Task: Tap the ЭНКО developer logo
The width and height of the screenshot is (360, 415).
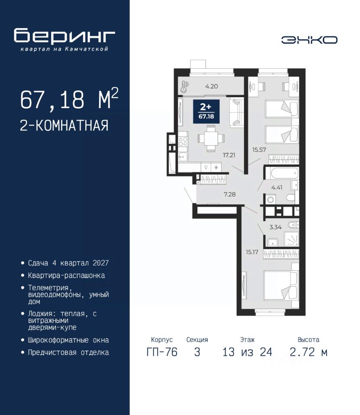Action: [x=309, y=40]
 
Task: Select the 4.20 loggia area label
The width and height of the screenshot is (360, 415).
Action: [x=212, y=86]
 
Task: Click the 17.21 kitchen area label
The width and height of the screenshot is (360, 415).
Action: [x=229, y=155]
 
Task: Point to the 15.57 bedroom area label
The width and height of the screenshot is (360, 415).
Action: [x=259, y=150]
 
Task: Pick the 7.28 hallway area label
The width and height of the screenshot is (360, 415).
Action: [x=229, y=195]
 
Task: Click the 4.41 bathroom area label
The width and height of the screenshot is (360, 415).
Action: [x=276, y=188]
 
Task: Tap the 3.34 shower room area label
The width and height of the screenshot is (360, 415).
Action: [x=275, y=227]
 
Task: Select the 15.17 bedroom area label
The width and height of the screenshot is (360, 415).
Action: [x=252, y=252]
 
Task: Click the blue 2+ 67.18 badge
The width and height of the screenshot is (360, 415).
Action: [x=206, y=112]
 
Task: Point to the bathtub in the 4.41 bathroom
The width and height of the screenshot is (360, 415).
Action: [x=284, y=173]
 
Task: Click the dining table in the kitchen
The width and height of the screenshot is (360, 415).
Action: [x=211, y=138]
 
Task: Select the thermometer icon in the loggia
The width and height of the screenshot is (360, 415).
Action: [x=184, y=86]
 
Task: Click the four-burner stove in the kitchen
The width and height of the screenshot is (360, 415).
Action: [x=183, y=142]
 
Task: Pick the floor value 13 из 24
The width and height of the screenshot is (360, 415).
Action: [x=247, y=352]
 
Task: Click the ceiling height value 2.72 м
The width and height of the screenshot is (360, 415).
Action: [x=309, y=352]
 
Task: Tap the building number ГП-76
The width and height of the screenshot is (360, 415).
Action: [x=162, y=352]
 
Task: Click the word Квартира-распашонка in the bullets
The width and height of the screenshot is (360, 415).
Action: [x=66, y=275]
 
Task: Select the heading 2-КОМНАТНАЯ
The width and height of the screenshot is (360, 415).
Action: [x=64, y=125]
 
